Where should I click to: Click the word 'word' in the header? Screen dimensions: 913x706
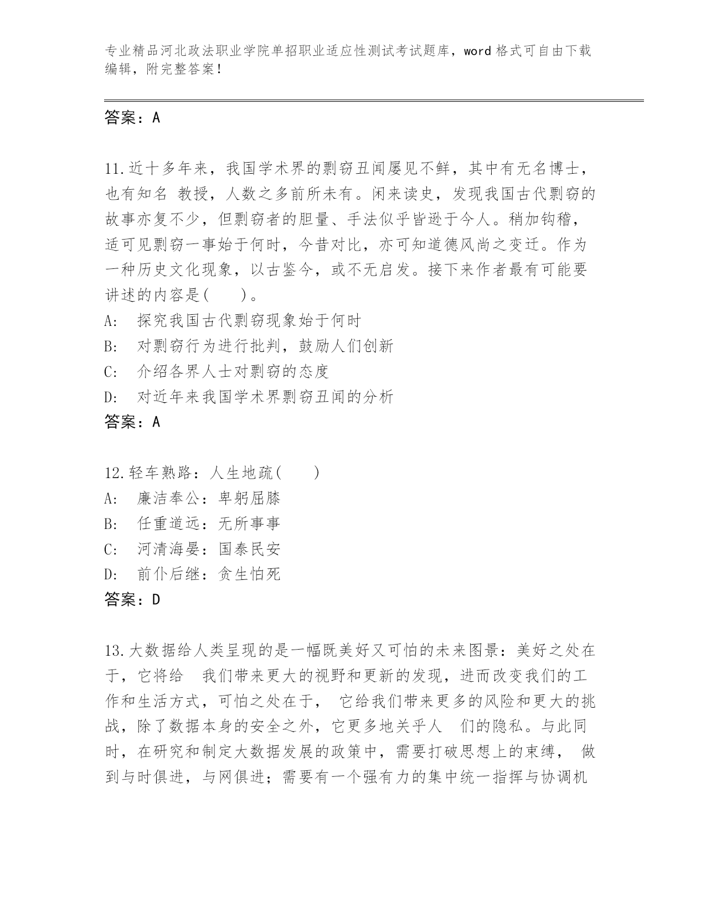point(477,51)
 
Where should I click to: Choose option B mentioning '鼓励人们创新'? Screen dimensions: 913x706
point(265,346)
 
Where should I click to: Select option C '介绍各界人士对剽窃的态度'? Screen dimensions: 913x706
point(233,371)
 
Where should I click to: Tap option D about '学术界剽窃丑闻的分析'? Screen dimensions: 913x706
point(265,397)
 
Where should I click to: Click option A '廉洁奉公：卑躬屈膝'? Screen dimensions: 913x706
point(208,499)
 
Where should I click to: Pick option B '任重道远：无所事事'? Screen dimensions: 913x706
point(208,524)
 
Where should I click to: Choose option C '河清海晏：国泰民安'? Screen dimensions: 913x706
point(208,549)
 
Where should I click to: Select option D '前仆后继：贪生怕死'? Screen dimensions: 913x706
point(208,574)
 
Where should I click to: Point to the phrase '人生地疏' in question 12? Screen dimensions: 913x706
point(242,473)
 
